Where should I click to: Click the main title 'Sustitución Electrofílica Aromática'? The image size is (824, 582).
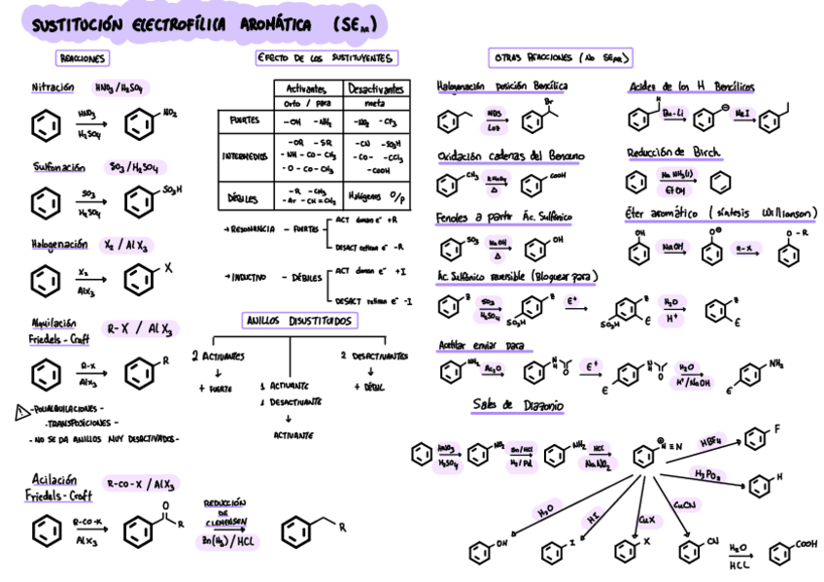pos(170,23)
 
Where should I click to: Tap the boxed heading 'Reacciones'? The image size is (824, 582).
pos(81,59)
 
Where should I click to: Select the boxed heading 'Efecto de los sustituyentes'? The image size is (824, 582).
pos(326,58)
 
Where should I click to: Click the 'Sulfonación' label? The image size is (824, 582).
pos(57,166)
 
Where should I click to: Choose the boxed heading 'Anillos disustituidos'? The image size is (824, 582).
pos(298,322)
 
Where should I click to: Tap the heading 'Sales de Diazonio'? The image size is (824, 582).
pos(519,404)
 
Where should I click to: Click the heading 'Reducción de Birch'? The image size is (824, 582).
pos(672,153)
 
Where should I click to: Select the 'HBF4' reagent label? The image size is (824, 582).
pos(712,439)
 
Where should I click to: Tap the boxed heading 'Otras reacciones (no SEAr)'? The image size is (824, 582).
pos(562,58)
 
